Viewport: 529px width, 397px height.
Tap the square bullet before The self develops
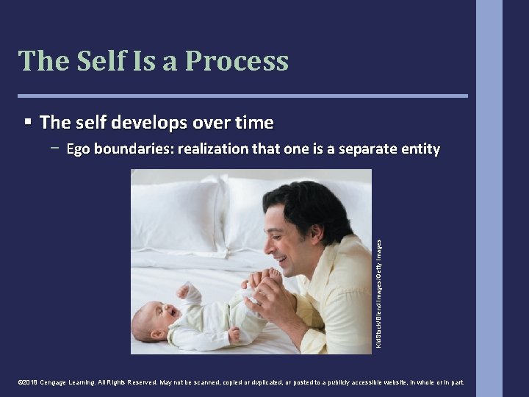pyautogui.click(x=27, y=121)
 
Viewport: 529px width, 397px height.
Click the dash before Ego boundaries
pyautogui.click(x=56, y=148)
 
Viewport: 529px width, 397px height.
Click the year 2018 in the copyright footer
pyautogui.click(x=30, y=383)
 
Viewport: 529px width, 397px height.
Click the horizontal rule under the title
pyautogui.click(x=242, y=96)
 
